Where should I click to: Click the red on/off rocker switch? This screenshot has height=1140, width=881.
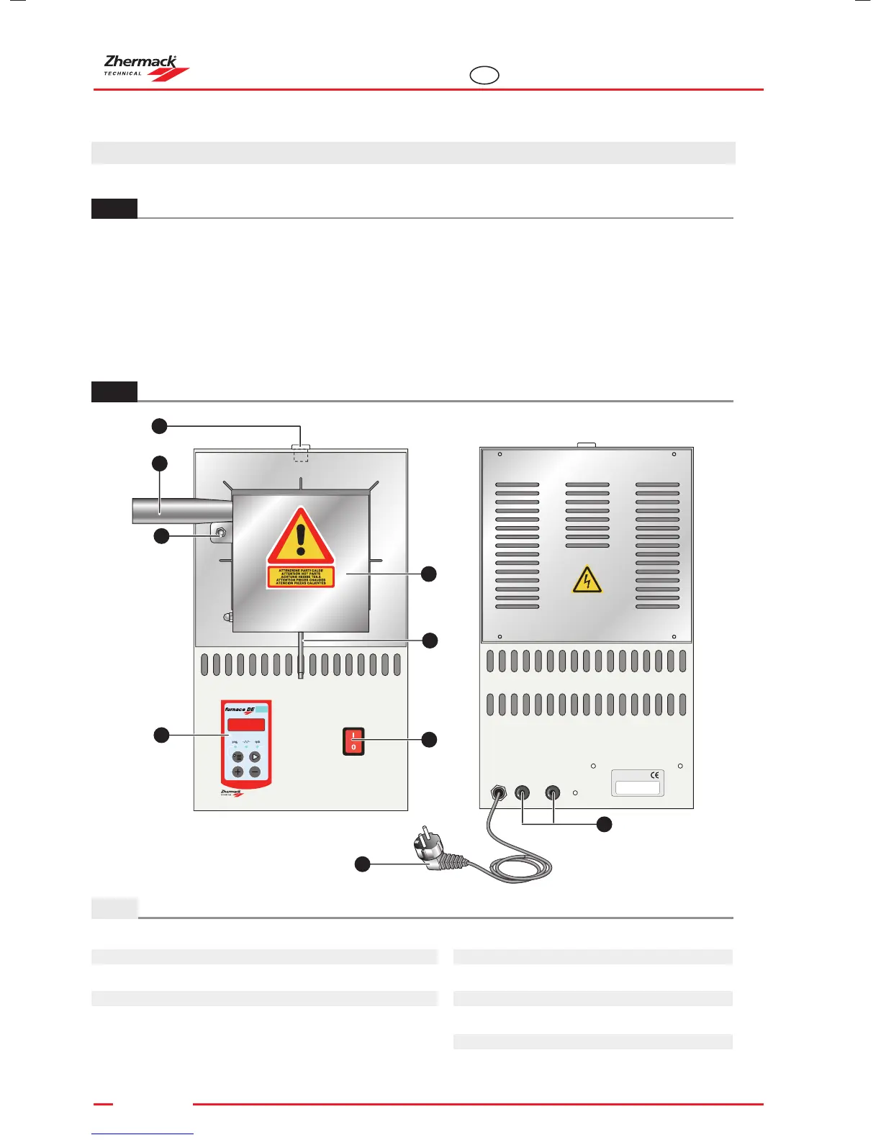point(353,741)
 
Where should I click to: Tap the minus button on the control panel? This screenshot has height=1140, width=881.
point(255,772)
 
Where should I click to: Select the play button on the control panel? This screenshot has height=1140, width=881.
point(255,757)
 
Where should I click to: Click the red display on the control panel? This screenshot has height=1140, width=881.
point(246,725)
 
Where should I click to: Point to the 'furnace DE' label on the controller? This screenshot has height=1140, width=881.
point(240,710)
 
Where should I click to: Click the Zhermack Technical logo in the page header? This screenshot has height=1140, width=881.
point(146,68)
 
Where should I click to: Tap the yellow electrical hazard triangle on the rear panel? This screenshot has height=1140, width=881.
point(587,579)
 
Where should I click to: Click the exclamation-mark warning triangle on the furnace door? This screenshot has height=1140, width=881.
point(301,536)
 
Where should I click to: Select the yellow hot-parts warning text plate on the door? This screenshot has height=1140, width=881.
point(301,576)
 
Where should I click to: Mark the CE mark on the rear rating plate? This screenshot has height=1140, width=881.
point(654,775)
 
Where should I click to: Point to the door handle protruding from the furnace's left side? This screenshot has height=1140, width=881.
point(180,510)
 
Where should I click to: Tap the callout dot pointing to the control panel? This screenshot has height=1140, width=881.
point(161,735)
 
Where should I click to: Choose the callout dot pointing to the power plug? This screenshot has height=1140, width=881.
point(362,864)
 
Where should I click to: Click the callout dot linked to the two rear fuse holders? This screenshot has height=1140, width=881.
point(605,824)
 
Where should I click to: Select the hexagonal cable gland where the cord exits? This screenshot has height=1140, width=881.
point(497,793)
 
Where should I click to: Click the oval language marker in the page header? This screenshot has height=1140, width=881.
point(484,75)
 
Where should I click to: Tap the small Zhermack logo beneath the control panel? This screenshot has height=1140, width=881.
point(232,792)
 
